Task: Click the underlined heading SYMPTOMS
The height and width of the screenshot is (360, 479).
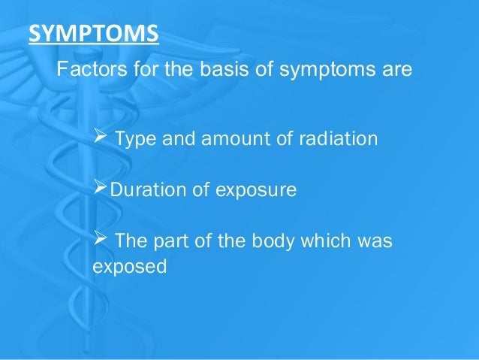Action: (92, 34)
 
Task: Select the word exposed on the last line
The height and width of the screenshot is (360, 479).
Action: (128, 265)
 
